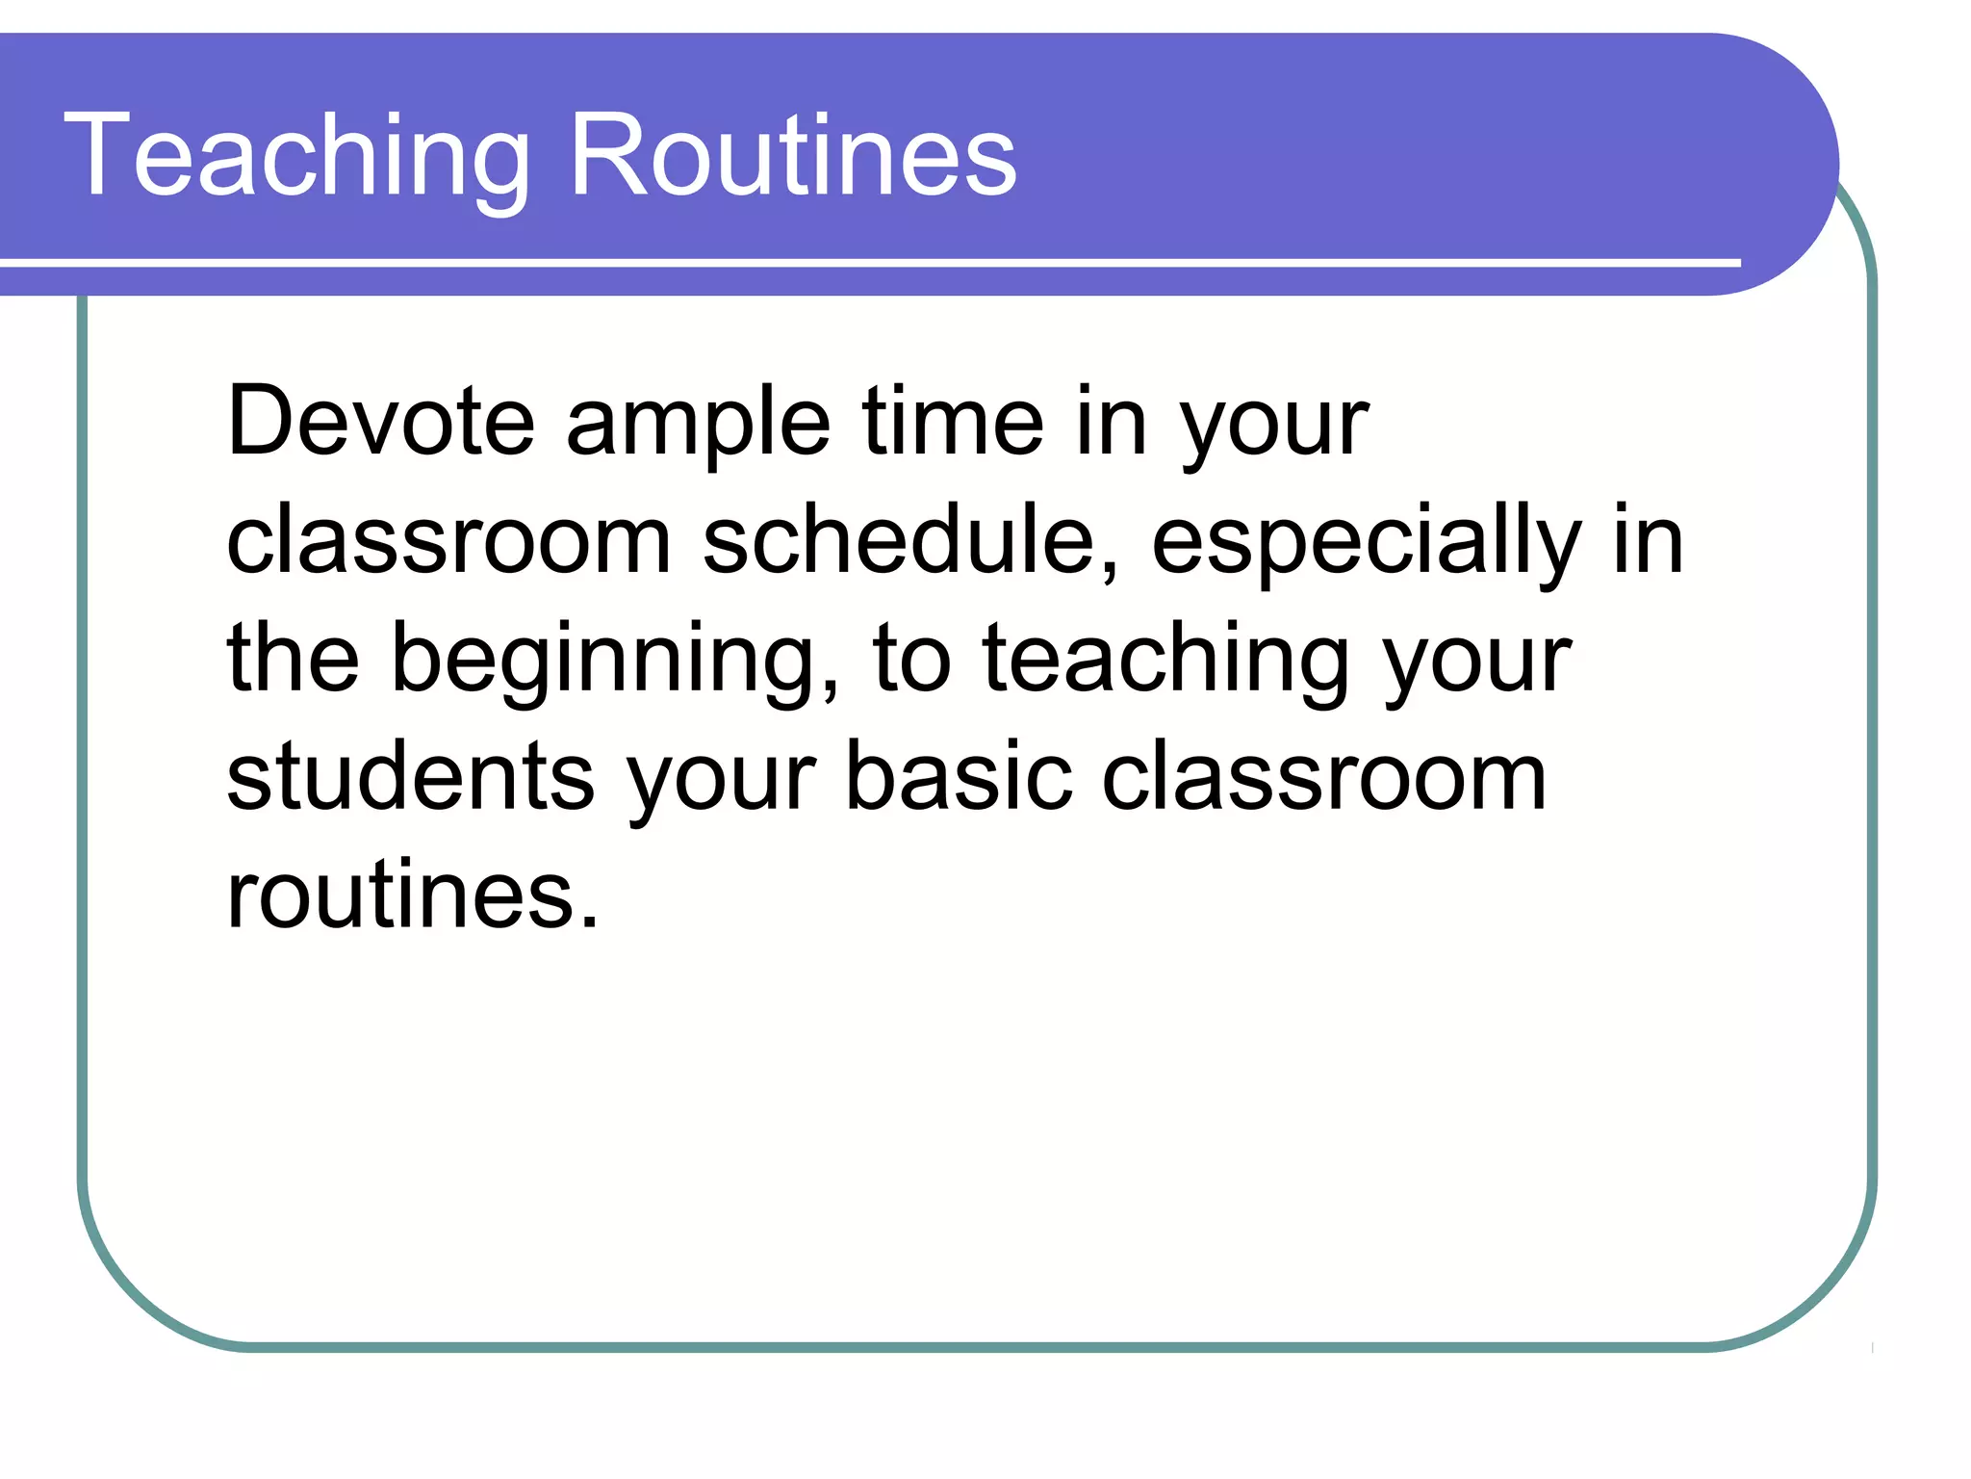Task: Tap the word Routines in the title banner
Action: click(793, 156)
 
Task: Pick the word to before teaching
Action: click(911, 660)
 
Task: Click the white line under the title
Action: click(866, 262)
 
